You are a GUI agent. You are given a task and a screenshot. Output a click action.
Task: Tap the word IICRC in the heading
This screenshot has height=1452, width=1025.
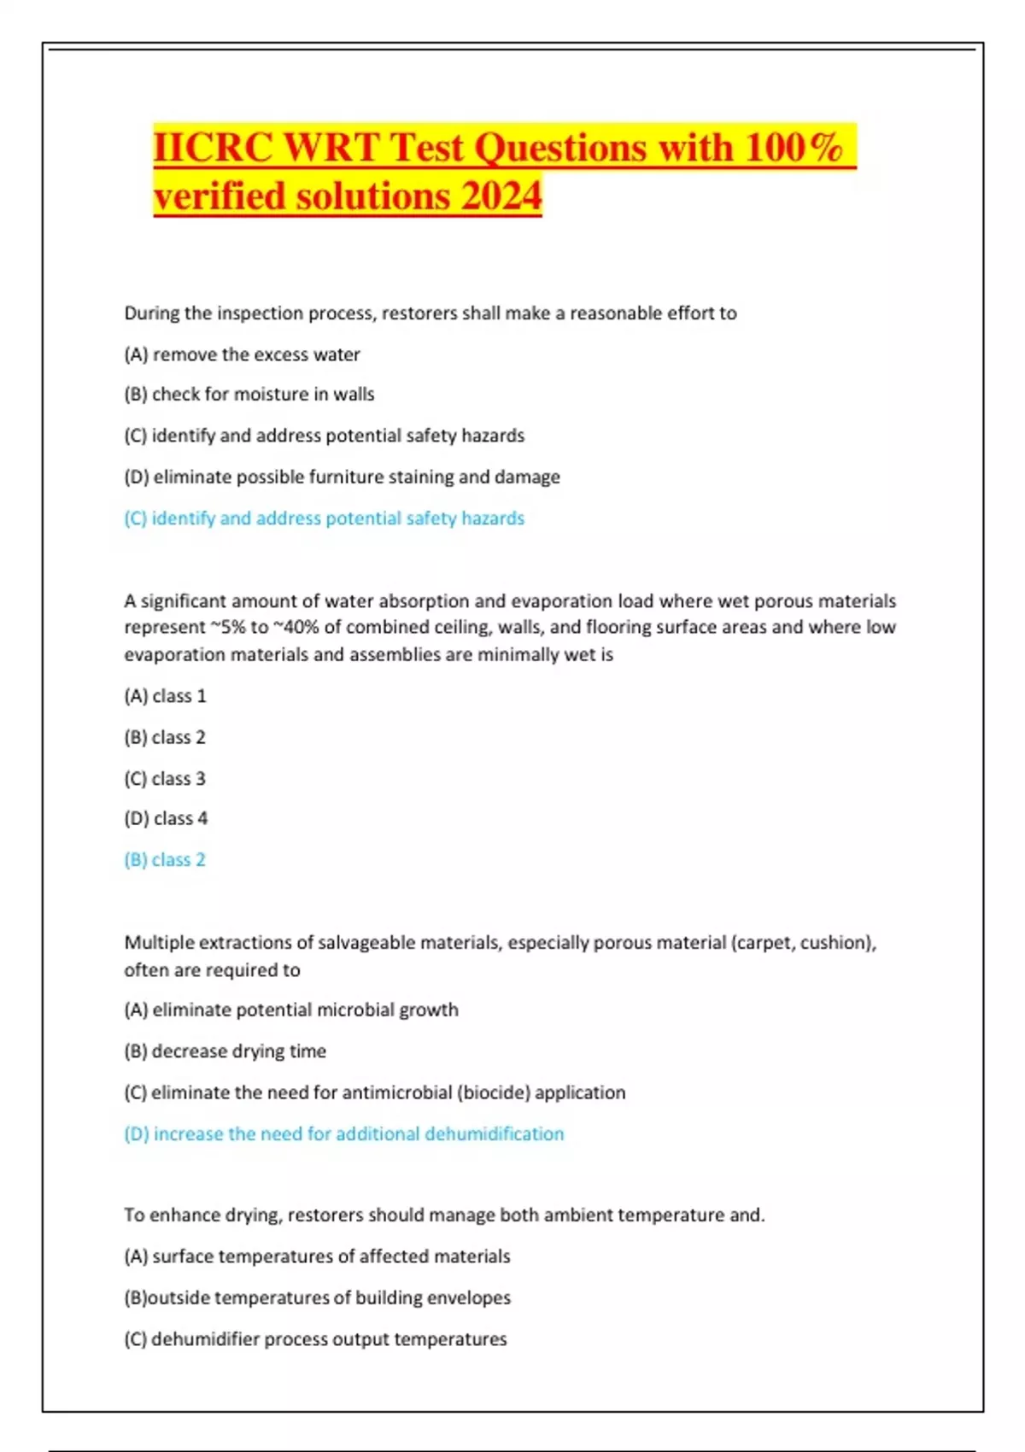coord(214,147)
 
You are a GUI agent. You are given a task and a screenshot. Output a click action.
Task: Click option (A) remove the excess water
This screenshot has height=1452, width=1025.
coord(242,354)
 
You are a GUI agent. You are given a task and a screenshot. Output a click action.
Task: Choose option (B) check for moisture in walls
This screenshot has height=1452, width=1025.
coord(249,395)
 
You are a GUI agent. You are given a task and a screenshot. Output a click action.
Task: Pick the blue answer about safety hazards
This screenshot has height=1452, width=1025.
coord(324,518)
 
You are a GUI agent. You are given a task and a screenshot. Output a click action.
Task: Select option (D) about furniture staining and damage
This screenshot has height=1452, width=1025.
coord(342,477)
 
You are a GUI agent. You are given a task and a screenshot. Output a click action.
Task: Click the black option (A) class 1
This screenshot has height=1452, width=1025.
coord(165,696)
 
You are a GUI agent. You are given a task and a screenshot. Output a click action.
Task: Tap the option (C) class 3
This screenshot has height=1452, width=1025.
coord(165,779)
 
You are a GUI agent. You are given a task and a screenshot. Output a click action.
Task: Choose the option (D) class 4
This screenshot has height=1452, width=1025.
coord(166,818)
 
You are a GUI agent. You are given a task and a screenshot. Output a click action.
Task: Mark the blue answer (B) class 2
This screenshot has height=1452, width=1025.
coord(165,860)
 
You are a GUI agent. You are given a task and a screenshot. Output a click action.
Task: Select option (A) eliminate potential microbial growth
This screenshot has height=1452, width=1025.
coord(291,1010)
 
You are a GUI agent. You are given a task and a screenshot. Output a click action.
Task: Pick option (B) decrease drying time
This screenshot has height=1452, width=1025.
coord(225,1051)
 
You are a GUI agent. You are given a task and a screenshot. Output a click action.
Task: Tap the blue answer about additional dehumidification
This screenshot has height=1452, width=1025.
coord(343,1134)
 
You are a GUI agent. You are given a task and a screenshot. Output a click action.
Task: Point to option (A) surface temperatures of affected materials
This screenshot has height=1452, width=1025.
coord(317,1256)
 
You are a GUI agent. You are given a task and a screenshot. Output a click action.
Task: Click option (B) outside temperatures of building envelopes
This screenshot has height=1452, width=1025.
coord(317,1298)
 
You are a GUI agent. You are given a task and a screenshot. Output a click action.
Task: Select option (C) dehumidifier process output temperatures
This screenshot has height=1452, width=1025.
coord(315,1339)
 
